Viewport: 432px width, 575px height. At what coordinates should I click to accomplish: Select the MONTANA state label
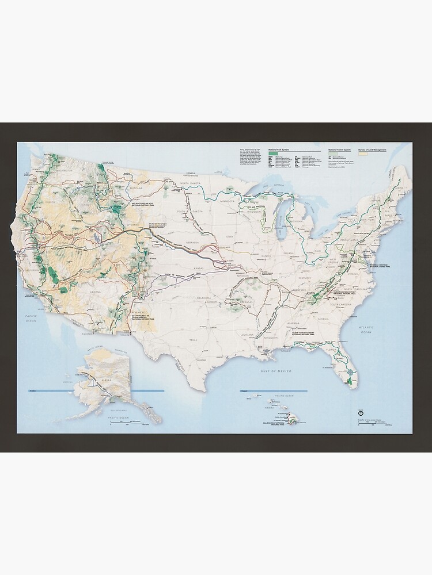(136, 189)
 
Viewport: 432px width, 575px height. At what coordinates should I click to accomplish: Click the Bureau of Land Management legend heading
(372, 149)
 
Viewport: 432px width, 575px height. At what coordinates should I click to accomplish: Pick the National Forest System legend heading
(338, 149)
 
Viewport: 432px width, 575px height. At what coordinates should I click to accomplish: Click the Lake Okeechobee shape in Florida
(350, 377)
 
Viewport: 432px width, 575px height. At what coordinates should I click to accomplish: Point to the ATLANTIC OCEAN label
(366, 329)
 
